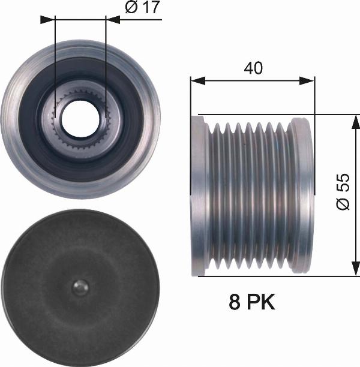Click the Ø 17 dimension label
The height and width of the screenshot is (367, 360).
point(142,7)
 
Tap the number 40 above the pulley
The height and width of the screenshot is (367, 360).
point(253,68)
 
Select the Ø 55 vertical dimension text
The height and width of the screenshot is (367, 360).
point(343,192)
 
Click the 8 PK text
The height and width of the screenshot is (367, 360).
point(252,302)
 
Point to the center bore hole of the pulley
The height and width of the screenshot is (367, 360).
point(80,118)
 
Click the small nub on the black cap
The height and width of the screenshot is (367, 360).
point(80,287)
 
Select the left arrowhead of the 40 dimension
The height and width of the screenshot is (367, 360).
point(198,81)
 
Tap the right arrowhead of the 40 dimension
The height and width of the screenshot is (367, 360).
point(307,81)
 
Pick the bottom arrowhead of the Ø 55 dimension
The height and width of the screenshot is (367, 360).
point(356,269)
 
